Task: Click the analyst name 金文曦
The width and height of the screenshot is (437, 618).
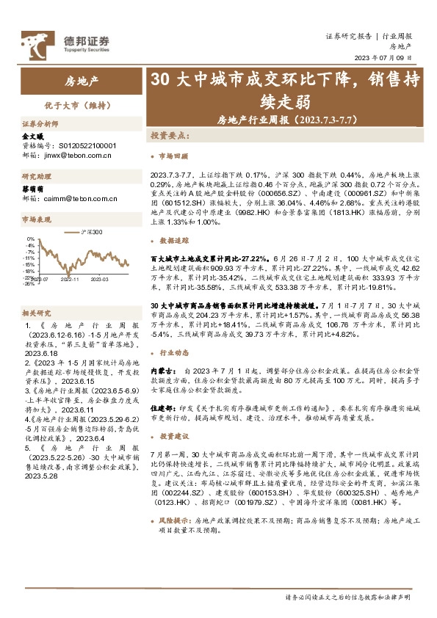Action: [x=32, y=137]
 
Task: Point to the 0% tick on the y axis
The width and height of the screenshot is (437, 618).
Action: [x=32, y=239]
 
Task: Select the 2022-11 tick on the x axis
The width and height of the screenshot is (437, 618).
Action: [x=70, y=280]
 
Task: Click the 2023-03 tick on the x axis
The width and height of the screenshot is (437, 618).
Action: [x=99, y=280]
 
